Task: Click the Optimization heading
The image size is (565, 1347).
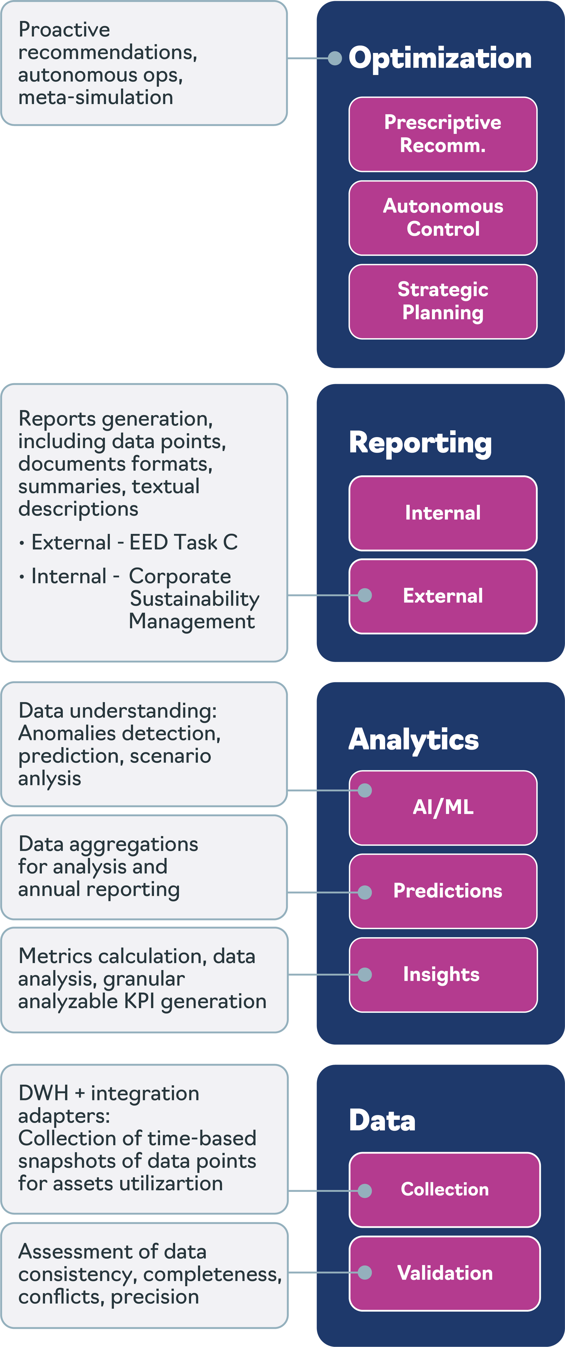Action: point(440,58)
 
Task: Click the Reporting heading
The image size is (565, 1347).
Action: point(420,443)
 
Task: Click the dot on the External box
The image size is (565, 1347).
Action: point(365,595)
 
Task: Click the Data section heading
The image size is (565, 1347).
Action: point(382,1121)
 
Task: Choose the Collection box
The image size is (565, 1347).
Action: point(445,1190)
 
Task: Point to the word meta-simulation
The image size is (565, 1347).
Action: point(96,97)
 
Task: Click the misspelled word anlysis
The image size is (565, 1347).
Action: point(50,779)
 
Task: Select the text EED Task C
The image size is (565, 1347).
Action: point(183,542)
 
